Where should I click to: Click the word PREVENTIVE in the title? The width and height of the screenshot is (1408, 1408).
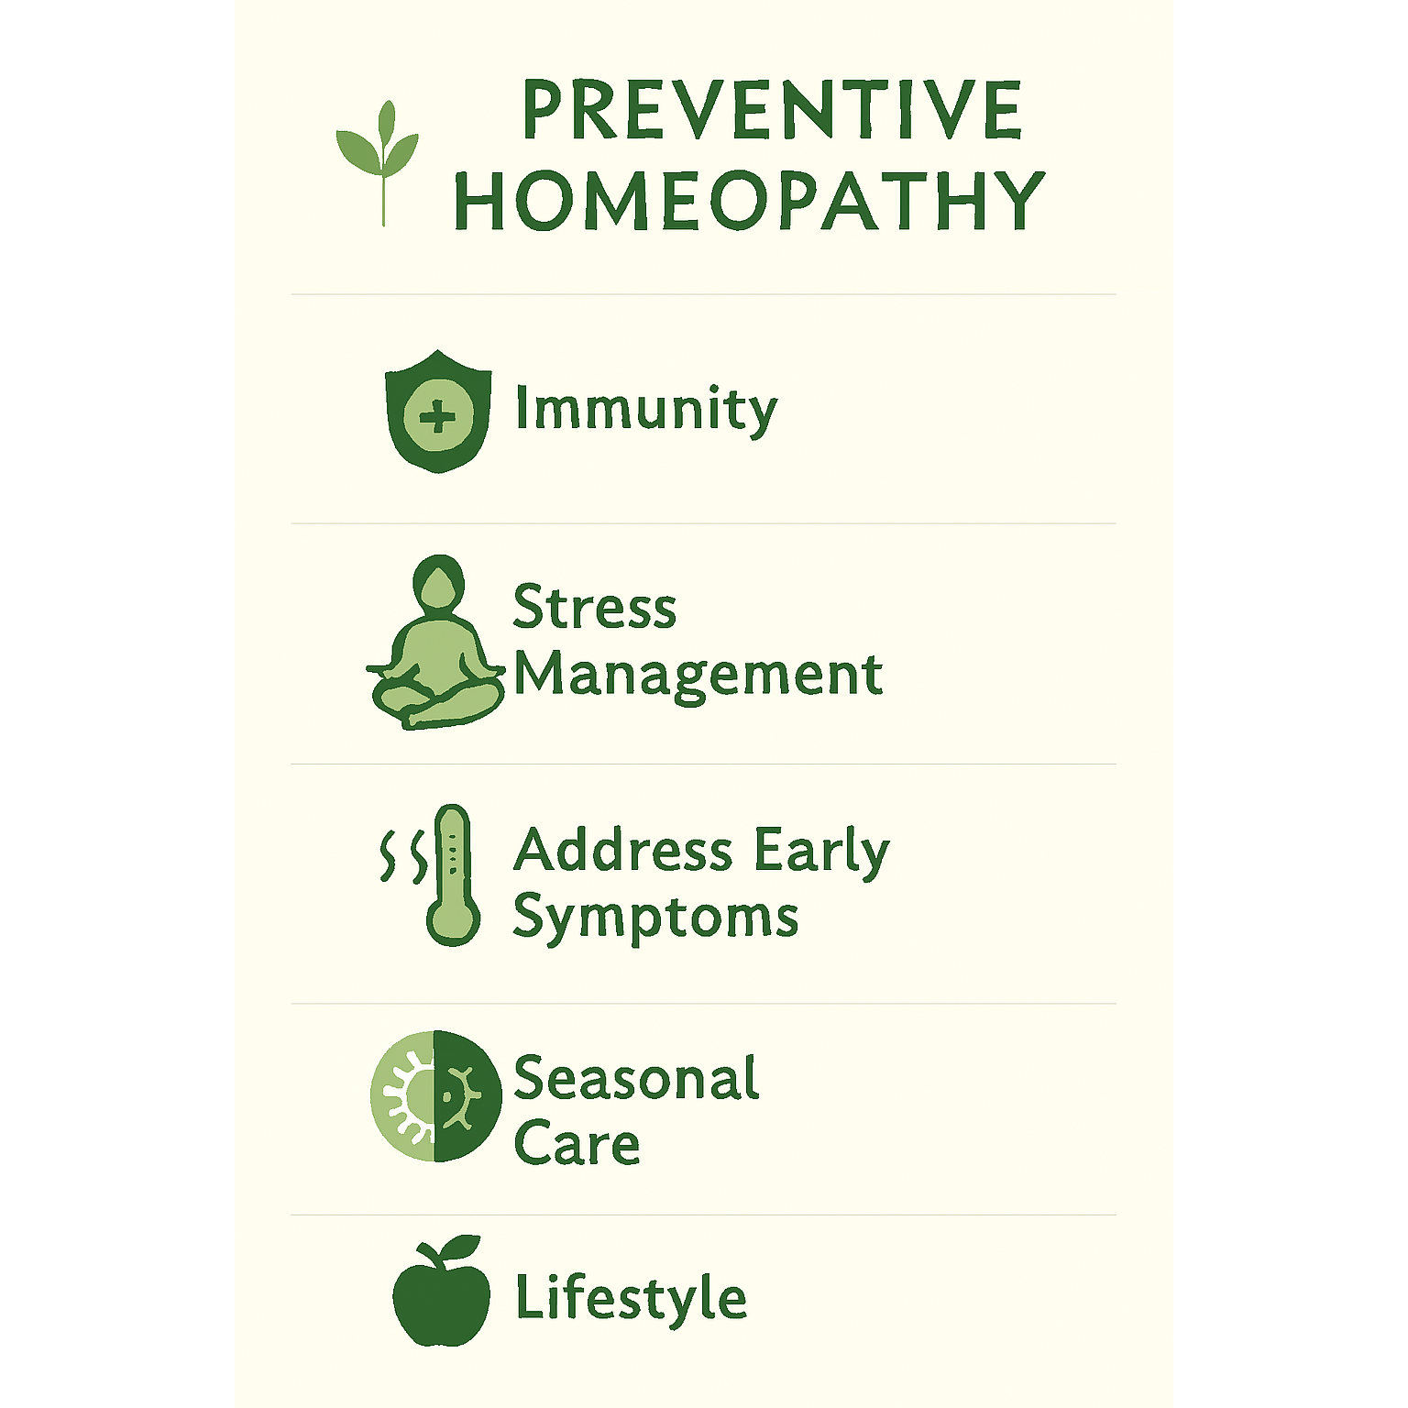coord(772,110)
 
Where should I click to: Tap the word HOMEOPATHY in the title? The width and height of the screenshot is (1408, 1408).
coord(750,200)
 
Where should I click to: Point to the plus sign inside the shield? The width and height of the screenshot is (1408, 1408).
coord(437,418)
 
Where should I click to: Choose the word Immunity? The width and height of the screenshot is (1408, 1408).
coord(646,409)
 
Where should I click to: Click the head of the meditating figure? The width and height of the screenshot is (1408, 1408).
coord(438,583)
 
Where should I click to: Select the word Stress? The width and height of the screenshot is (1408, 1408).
coord(595,607)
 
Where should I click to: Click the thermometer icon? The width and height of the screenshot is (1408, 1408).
coord(453,875)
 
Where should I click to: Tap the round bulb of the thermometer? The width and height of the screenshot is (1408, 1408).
coord(453,920)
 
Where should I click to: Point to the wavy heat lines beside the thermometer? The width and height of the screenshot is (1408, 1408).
coord(404,857)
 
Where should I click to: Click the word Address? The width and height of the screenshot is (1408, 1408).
coord(623,850)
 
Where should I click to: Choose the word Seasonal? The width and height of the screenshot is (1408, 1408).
coord(637,1078)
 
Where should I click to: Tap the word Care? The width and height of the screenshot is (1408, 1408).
coord(577,1144)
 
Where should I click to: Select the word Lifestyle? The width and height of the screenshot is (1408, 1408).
coord(632,1299)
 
